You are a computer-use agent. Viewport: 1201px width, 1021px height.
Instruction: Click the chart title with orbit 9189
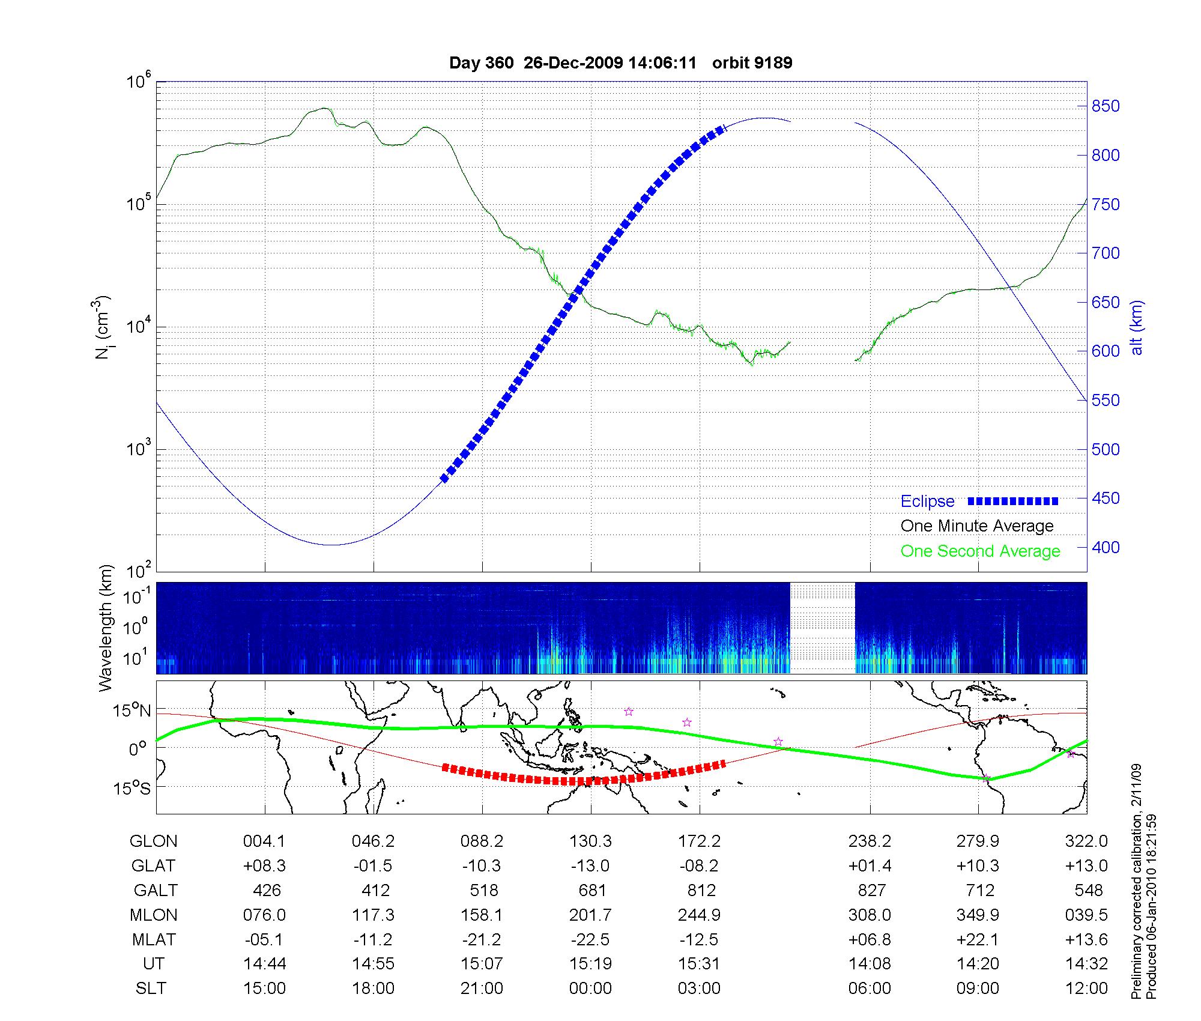620,63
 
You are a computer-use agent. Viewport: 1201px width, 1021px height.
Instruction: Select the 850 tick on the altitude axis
1105,106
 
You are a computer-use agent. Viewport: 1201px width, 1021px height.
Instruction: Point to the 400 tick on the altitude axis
1105,547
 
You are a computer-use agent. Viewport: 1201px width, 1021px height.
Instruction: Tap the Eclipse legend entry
927,501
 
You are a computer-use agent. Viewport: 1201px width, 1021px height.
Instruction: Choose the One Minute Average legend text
977,526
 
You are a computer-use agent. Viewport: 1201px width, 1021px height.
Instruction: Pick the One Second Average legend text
980,551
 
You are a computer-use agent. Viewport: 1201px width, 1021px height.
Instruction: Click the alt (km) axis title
1137,327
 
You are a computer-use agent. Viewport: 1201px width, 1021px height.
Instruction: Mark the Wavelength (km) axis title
106,628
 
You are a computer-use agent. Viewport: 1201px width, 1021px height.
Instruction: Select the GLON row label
153,841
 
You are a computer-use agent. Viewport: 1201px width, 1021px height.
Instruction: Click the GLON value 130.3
590,841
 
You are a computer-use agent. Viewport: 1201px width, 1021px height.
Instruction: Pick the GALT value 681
592,890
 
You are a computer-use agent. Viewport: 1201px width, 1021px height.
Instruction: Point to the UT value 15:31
699,964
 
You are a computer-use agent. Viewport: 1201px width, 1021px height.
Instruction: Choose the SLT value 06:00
870,989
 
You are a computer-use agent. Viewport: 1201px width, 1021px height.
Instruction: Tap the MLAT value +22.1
978,939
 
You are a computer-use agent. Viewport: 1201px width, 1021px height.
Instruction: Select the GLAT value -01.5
373,865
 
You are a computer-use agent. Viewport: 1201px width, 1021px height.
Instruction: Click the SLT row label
151,989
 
